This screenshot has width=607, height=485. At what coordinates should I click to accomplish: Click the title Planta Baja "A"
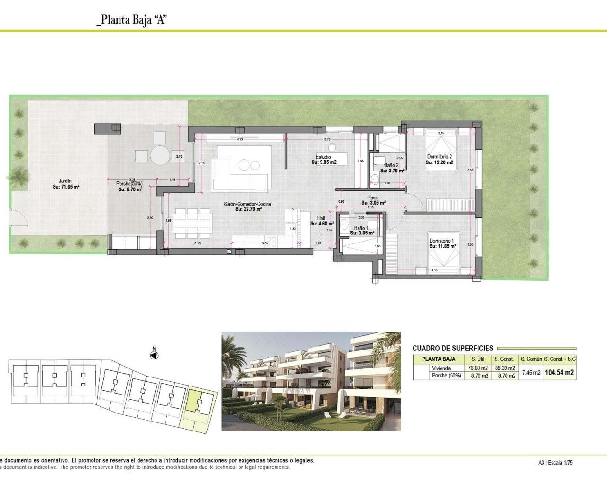[131, 20]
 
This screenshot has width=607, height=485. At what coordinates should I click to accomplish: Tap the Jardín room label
[65, 180]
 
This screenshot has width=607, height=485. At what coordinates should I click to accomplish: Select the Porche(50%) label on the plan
[129, 184]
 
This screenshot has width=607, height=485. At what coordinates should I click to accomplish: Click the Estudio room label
[323, 157]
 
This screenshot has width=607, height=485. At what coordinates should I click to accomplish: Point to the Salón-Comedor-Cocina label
[248, 204]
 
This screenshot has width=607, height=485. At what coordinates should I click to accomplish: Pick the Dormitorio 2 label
[439, 156]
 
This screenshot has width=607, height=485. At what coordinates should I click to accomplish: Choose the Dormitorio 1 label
[441, 241]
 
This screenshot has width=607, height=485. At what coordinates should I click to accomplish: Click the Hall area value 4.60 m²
[322, 224]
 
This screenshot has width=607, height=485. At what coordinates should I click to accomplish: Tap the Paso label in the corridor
[373, 198]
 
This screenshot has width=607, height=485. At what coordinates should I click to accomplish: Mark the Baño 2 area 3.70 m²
[392, 171]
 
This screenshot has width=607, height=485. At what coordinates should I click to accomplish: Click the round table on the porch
[160, 154]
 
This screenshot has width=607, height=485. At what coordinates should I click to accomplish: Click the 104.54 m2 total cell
[559, 373]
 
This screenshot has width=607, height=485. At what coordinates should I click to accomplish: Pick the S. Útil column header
[478, 359]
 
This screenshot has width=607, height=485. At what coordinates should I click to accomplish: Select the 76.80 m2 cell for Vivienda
[478, 368]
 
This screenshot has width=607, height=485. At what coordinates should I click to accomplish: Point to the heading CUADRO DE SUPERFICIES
[453, 348]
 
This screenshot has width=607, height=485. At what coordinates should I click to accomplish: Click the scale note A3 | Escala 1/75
[555, 463]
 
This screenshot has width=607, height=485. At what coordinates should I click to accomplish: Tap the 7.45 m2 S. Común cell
[531, 373]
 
